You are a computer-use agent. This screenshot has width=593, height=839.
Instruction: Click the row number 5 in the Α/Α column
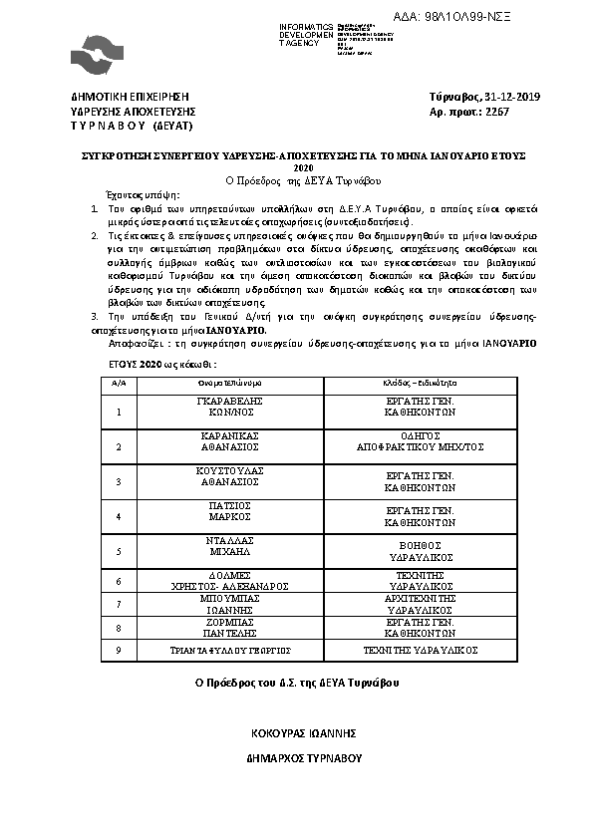[119, 550]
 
